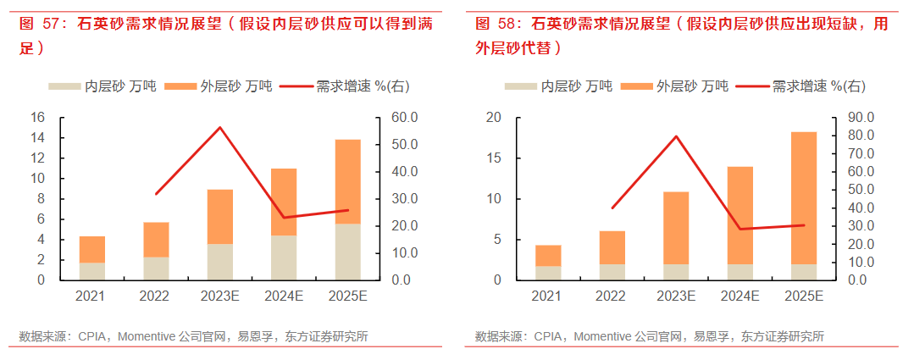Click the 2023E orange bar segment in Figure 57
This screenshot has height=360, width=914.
(220, 216)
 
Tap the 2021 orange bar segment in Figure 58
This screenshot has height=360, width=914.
(548, 256)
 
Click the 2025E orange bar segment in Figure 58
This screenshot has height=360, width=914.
(803, 197)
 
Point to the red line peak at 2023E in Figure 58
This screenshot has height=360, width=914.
(676, 136)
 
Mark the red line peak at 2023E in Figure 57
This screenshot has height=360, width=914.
(220, 127)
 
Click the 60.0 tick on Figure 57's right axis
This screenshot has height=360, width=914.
(403, 117)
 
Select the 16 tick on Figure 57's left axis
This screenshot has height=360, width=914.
(37, 117)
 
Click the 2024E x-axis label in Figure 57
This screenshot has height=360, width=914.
(284, 296)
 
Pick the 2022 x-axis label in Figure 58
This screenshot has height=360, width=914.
(612, 296)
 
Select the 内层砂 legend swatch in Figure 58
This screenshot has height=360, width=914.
(520, 86)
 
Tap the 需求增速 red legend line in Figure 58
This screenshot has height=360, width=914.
(752, 86)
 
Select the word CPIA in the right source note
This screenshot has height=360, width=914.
(548, 337)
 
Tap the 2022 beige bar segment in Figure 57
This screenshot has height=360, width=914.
(156, 268)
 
